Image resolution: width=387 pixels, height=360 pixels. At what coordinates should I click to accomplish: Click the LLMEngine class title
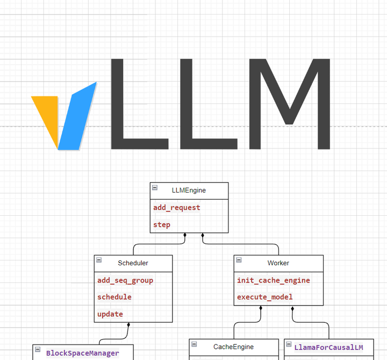pyautogui.click(x=189, y=190)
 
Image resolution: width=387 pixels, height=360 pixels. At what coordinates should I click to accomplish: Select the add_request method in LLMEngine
pyautogui.click(x=176, y=208)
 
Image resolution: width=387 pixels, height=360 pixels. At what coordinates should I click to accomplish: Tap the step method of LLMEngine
pyautogui.click(x=162, y=225)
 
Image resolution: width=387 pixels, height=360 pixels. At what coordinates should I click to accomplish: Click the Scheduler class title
pyautogui.click(x=133, y=263)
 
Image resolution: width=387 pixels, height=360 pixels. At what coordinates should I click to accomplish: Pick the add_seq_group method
pyautogui.click(x=125, y=280)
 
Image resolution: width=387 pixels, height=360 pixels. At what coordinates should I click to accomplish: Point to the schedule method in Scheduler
pyautogui.click(x=114, y=297)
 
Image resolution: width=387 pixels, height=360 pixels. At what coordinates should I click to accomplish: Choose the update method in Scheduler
pyautogui.click(x=110, y=314)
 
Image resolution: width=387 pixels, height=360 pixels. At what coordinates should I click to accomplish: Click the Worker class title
pyautogui.click(x=278, y=263)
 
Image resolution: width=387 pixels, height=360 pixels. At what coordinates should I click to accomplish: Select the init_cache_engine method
pyautogui.click(x=274, y=280)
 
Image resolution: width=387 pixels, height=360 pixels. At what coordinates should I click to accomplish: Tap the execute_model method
pyautogui.click(x=265, y=297)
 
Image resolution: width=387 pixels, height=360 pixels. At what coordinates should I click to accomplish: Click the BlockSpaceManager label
pyautogui.click(x=82, y=354)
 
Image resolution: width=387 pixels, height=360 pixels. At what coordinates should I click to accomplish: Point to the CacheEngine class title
pyautogui.click(x=233, y=347)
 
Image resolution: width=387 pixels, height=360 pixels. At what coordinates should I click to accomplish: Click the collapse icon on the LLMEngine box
pyautogui.click(x=155, y=187)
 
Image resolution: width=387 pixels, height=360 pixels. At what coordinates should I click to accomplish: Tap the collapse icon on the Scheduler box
pyautogui.click(x=99, y=260)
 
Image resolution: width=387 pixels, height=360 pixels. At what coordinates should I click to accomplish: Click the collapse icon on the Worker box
pyautogui.click(x=239, y=260)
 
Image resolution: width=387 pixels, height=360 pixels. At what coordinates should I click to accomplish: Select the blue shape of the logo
pyautogui.click(x=78, y=116)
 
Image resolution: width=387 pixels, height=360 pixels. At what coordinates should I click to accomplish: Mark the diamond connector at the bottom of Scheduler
pyautogui.click(x=128, y=325)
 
